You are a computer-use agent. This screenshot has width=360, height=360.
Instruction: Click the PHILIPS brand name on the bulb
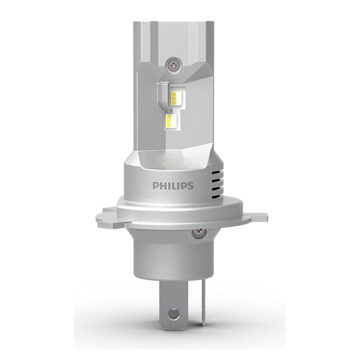click(x=172, y=185)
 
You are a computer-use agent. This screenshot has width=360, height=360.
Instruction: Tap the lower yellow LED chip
click(x=172, y=122)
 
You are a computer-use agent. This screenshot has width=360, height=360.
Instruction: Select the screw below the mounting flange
click(x=196, y=234)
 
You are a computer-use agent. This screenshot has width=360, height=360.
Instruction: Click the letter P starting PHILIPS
click(x=154, y=185)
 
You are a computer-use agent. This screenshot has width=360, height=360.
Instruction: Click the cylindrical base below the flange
click(x=172, y=252)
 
